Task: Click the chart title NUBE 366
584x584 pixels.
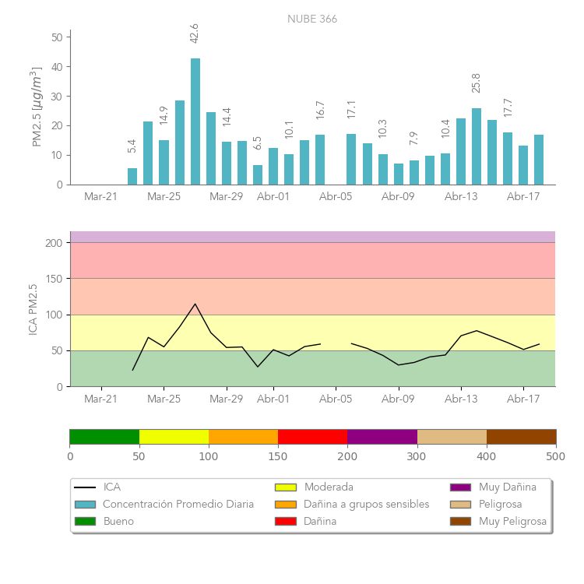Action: point(312,19)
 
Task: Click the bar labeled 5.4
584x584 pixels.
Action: point(132,177)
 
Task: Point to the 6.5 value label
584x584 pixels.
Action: point(258,143)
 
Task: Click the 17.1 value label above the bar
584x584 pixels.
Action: point(351,109)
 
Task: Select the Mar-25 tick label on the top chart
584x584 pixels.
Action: point(164,197)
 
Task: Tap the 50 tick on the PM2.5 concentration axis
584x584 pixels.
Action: point(57,37)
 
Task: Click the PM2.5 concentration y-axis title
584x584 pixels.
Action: point(36,107)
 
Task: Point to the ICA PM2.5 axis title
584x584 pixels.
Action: point(33,309)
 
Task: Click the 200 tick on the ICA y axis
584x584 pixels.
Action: point(54,243)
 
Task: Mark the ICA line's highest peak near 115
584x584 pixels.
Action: point(195,304)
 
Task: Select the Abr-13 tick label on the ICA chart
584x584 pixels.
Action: point(461,399)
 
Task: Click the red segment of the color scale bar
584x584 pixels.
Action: point(312,436)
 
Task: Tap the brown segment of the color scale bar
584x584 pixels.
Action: point(521,436)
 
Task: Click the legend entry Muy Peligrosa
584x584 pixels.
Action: point(512,522)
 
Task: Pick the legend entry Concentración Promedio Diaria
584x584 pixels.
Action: point(178,505)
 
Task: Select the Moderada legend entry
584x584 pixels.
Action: point(329,487)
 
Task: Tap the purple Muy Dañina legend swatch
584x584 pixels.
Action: point(460,487)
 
